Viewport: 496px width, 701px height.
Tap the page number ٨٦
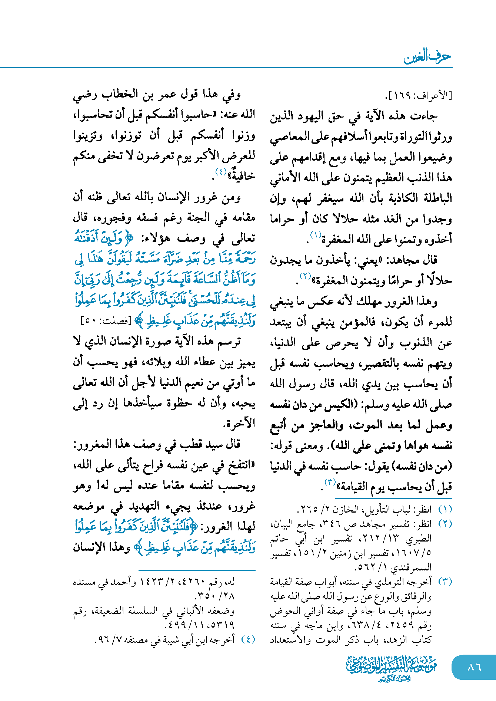[474, 667]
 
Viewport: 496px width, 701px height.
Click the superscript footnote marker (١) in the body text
[316, 234]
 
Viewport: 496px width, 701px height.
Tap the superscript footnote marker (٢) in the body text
[305, 276]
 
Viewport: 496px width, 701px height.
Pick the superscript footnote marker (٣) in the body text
[330, 482]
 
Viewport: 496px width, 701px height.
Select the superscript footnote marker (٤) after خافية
[221, 171]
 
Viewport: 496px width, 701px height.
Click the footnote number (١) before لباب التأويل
[445, 510]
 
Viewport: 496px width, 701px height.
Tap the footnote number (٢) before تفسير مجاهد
[445, 524]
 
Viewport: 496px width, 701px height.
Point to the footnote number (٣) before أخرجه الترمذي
[445, 582]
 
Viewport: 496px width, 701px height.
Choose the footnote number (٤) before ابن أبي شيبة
[248, 639]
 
